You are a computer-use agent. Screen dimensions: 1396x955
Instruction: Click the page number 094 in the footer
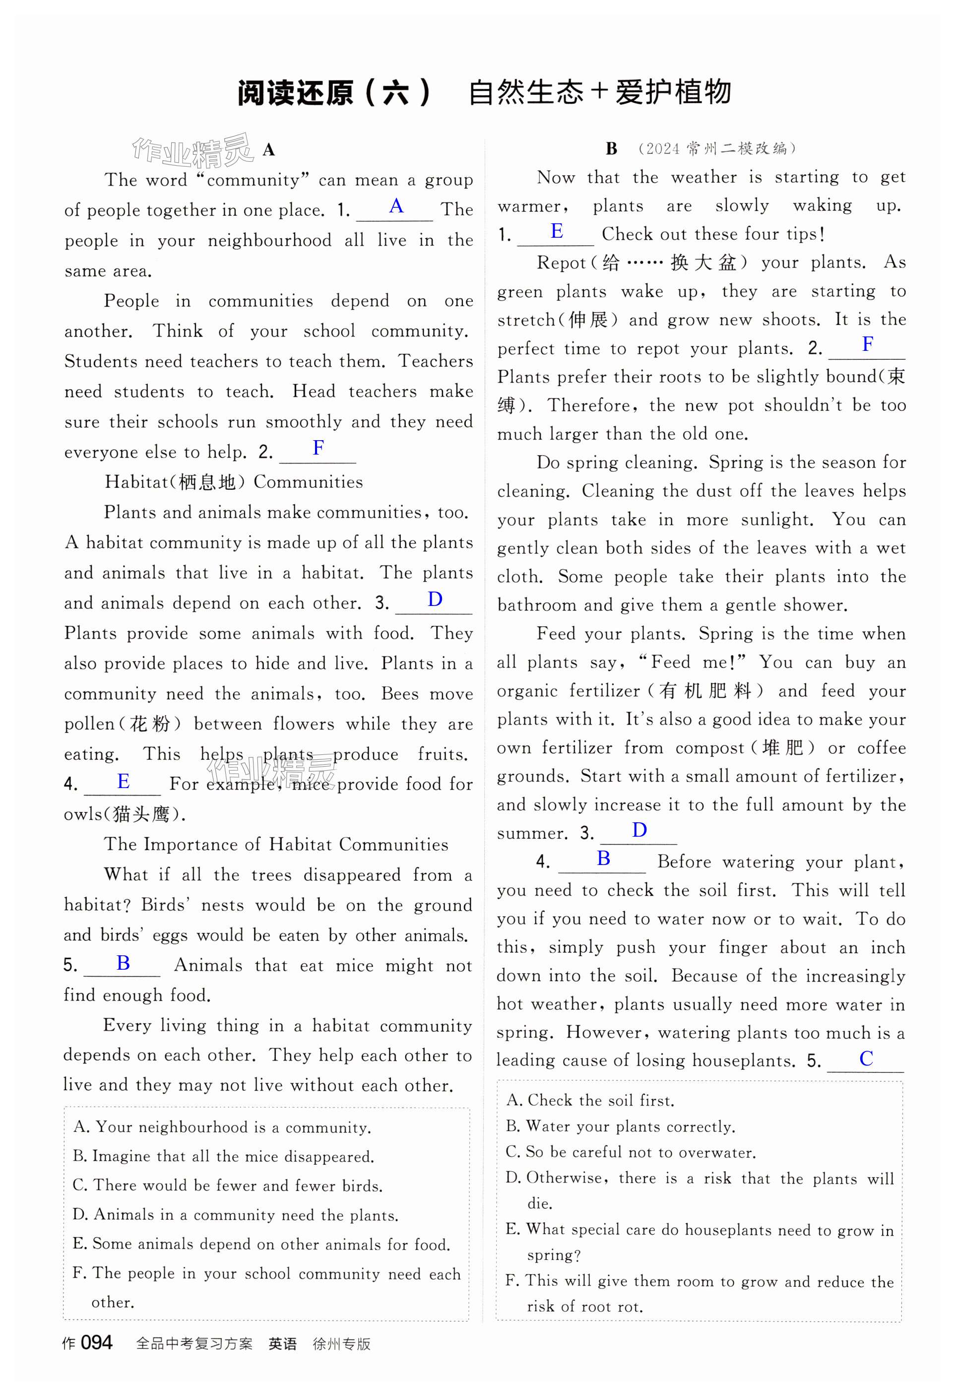pyautogui.click(x=96, y=1342)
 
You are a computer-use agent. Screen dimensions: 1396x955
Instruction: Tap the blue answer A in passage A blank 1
pyautogui.click(x=396, y=206)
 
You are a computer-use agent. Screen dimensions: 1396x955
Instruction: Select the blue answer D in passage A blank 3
pyautogui.click(x=435, y=599)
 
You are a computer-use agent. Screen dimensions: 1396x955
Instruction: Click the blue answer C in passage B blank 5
pyautogui.click(x=866, y=1059)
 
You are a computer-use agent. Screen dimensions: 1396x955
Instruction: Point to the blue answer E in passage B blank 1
pyautogui.click(x=557, y=231)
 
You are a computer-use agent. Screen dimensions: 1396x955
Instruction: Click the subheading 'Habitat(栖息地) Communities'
pyautogui.click(x=234, y=482)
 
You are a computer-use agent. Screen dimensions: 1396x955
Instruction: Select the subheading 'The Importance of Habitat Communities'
pyautogui.click(x=276, y=844)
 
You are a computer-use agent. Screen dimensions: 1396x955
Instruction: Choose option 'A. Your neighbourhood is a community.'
pyautogui.click(x=222, y=1128)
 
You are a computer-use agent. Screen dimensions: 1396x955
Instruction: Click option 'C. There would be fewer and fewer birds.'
pyautogui.click(x=228, y=1185)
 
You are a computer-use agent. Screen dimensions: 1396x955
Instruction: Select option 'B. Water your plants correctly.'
pyautogui.click(x=621, y=1127)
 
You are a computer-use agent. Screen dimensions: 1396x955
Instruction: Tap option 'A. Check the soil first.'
pyautogui.click(x=590, y=1100)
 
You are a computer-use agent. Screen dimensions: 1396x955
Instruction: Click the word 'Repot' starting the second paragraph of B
pyautogui.click(x=561, y=263)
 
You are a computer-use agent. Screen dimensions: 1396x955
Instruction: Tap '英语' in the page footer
pyautogui.click(x=282, y=1344)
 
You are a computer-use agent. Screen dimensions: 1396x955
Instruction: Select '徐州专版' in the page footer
pyautogui.click(x=341, y=1344)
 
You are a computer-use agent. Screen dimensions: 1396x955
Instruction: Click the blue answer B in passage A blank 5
pyautogui.click(x=123, y=963)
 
